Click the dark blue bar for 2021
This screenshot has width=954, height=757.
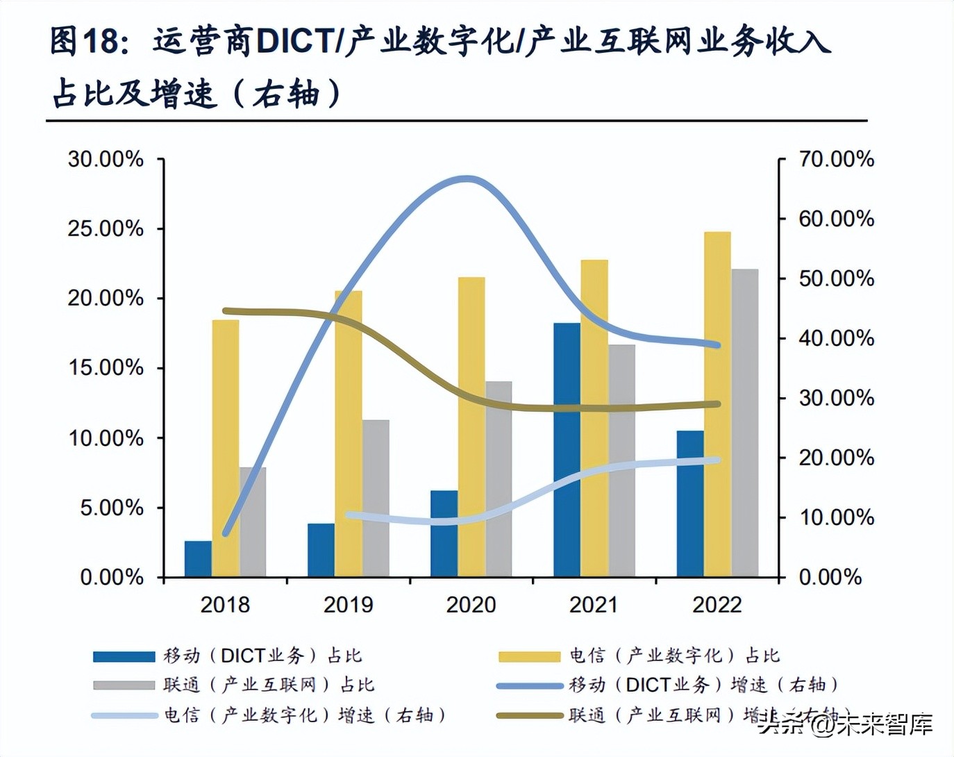click(x=567, y=450)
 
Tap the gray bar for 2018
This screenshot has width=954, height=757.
click(x=253, y=522)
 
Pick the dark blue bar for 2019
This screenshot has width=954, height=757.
click(x=321, y=550)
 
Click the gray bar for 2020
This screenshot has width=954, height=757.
click(x=499, y=479)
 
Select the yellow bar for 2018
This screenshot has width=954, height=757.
click(x=226, y=449)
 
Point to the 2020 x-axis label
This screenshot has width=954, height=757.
click(x=471, y=605)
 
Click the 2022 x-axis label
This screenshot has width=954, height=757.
click(x=717, y=605)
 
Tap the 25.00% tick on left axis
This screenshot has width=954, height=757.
click(x=106, y=228)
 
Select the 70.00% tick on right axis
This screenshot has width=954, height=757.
click(x=836, y=159)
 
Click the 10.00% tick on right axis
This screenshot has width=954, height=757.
click(x=836, y=517)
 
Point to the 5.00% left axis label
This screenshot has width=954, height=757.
click(x=111, y=508)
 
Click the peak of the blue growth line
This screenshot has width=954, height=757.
click(x=467, y=179)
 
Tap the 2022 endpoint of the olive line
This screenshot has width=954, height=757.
click(x=717, y=404)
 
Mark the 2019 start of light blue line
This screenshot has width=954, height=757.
click(x=349, y=515)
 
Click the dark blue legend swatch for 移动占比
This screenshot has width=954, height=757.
click(x=124, y=656)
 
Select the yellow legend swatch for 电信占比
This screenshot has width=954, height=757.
click(x=529, y=656)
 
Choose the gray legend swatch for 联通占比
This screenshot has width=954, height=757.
click(x=124, y=685)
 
